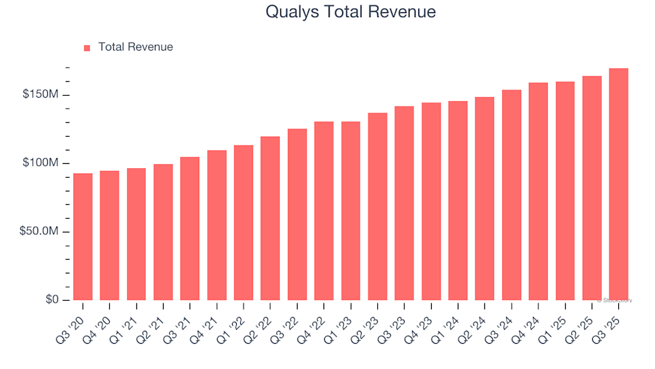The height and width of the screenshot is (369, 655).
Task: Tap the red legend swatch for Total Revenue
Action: click(87, 48)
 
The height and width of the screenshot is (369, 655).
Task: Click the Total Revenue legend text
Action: click(135, 47)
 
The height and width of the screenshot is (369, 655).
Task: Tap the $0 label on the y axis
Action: click(52, 300)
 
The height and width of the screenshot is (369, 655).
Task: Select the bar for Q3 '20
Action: click(83, 236)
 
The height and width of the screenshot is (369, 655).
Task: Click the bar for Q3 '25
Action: click(619, 184)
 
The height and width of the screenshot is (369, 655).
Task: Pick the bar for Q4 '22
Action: click(324, 210)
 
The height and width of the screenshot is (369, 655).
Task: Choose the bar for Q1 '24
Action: click(458, 201)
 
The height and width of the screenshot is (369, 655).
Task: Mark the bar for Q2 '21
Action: click(163, 232)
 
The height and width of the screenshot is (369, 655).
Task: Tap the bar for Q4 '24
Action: click(538, 191)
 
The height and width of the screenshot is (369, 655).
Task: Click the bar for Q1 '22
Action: click(244, 223)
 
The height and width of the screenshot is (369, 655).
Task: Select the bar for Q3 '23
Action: click(405, 203)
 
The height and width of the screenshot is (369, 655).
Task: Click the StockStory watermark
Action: click(615, 300)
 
